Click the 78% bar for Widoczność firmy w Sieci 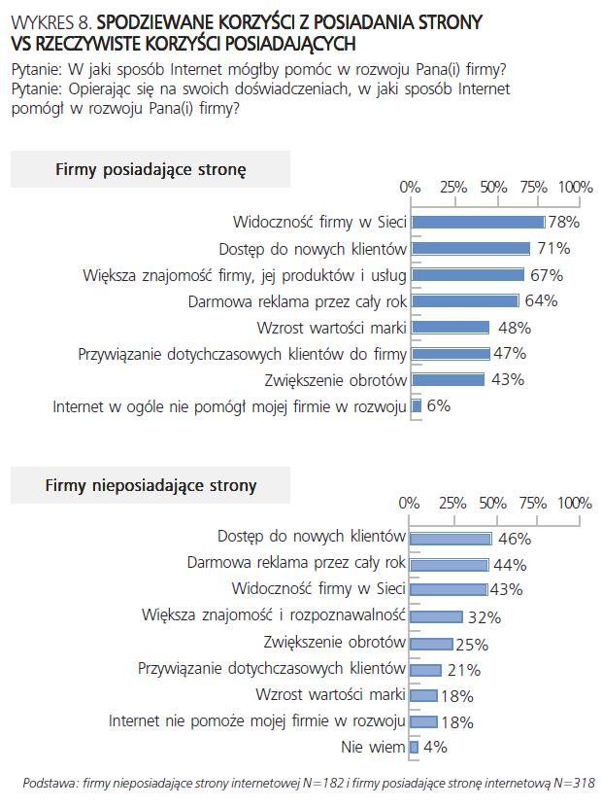click(477, 222)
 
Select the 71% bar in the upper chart click(471, 248)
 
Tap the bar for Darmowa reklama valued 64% click(465, 300)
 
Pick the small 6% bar click(417, 406)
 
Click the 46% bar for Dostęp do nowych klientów click(451, 538)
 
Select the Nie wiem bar click(415, 748)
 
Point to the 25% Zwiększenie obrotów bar click(432, 643)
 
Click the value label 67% click(547, 274)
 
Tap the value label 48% click(514, 327)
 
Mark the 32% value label click(483, 616)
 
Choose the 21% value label click(463, 669)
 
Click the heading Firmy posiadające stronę click(150, 169)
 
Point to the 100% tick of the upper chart click(576, 187)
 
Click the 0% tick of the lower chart click(410, 503)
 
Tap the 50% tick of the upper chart click(493, 187)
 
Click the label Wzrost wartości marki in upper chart click(331, 327)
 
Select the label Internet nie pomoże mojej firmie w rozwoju click(256, 721)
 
